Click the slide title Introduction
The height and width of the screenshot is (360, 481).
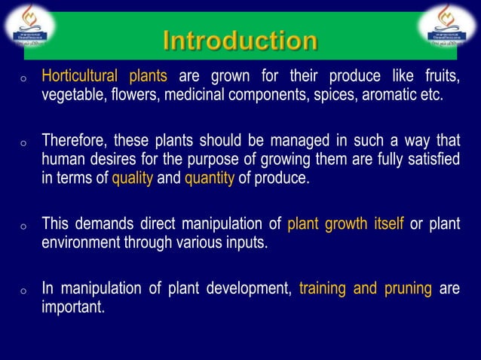(240, 41)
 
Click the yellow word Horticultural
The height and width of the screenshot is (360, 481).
(80, 76)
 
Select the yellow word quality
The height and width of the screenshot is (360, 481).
(133, 179)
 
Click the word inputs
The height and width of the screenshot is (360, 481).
(244, 243)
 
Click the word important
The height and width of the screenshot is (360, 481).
(72, 307)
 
